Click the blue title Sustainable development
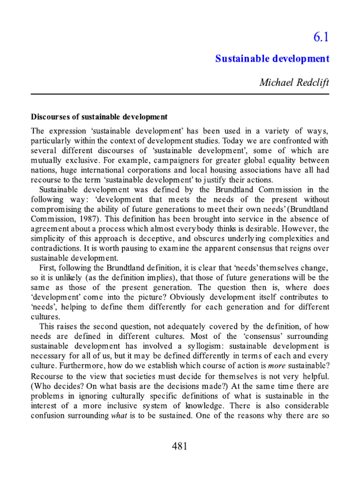pyautogui.click(x=272, y=59)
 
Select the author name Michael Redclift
pyautogui.click(x=294, y=82)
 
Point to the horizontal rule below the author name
pyautogui.click(x=180, y=94)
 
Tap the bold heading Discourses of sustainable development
pyautogui.click(x=99, y=116)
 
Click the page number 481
pyautogui.click(x=180, y=446)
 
